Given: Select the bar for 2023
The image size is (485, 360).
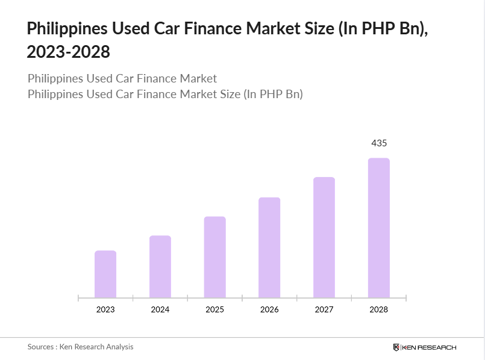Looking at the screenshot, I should click(x=105, y=274).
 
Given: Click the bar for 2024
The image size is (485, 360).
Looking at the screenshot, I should click(x=160, y=267).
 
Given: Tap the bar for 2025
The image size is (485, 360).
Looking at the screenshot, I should click(x=214, y=257).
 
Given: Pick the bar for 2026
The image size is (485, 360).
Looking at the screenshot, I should click(x=269, y=247).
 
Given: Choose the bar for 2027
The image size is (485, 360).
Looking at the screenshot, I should click(x=324, y=237).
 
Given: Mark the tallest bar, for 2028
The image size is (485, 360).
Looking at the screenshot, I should click(x=379, y=228).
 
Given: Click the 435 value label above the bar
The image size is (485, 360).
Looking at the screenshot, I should click(x=379, y=143).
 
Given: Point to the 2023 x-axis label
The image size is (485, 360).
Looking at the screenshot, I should click(x=105, y=309).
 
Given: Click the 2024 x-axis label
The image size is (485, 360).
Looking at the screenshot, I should click(x=160, y=309).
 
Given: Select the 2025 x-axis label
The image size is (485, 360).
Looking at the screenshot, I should click(x=214, y=309).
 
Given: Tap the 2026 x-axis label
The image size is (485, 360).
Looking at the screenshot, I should click(x=269, y=309).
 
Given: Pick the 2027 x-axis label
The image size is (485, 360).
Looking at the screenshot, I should click(x=324, y=309).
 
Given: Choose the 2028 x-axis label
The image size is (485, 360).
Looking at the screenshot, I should click(x=379, y=309).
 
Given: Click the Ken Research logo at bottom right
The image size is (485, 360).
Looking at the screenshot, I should click(x=424, y=347).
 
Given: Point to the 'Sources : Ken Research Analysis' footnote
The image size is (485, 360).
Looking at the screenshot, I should click(x=80, y=347).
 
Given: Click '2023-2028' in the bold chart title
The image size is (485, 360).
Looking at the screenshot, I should click(x=69, y=52).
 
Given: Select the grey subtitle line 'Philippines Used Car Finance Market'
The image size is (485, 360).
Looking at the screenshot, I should click(x=122, y=79).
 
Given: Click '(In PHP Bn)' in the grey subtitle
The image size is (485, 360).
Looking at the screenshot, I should click(x=272, y=95).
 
